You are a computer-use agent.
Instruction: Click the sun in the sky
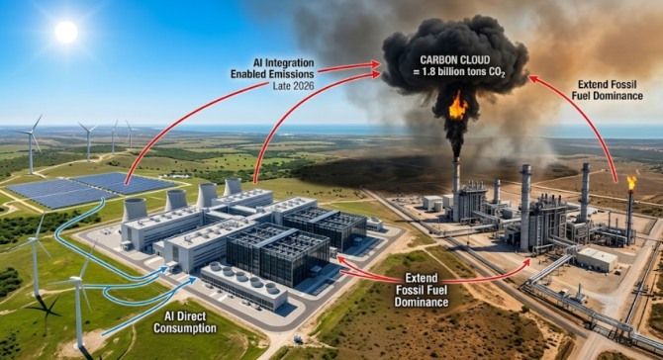pos(66,32)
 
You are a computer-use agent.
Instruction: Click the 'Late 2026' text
pos(294,86)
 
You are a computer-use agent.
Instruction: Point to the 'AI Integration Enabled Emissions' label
pos(273,69)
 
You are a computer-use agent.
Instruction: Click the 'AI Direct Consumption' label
pos(185,322)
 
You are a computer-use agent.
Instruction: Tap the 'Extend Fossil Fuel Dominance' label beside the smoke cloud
pos(608,90)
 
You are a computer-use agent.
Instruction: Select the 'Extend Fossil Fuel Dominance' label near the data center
pos(422,290)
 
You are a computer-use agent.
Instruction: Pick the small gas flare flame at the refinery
pos(631,183)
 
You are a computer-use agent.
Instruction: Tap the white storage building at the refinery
pos(596,259)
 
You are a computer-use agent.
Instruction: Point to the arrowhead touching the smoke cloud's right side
pos(531,78)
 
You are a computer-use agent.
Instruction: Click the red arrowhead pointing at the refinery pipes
pos(525,262)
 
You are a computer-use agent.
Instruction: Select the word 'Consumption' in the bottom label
pos(185,328)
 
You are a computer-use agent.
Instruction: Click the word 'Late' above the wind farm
pos(282,86)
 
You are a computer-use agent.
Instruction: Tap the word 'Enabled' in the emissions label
pos(248,74)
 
